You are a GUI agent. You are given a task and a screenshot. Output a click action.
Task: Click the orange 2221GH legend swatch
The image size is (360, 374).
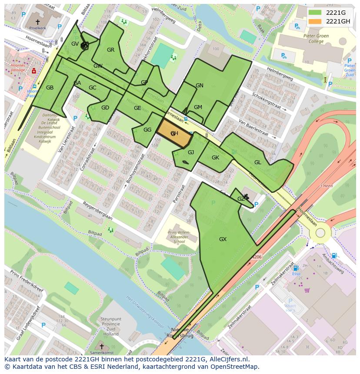pos(315,21)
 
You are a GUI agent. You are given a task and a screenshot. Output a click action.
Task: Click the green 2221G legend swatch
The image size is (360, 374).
pos(315,13)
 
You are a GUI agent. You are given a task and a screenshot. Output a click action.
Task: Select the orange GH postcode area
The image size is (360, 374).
pos(174,134)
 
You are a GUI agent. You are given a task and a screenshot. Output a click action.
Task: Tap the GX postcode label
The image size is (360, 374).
pos(223,239)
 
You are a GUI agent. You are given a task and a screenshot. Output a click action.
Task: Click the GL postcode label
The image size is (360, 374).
pos(257,162)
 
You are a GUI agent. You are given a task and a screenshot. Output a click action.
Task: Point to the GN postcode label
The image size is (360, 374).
pos(199,86)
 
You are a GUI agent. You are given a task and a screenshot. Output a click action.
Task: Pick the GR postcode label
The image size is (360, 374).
pos(110,50)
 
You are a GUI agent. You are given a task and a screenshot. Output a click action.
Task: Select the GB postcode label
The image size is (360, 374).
pos(50,88)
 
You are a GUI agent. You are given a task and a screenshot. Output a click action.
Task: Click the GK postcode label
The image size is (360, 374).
pos(215,158)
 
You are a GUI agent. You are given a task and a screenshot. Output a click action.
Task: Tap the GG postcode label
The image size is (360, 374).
pos(147,130)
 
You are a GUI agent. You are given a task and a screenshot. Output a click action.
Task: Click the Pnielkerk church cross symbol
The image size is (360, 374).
pos(37,21)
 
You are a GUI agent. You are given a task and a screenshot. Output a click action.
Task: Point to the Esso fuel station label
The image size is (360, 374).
pos(296,274)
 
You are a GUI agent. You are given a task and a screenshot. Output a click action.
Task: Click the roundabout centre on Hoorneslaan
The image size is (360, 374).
pos(320,233)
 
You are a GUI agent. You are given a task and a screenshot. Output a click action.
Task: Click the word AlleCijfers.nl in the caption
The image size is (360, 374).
pos(223,359)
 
